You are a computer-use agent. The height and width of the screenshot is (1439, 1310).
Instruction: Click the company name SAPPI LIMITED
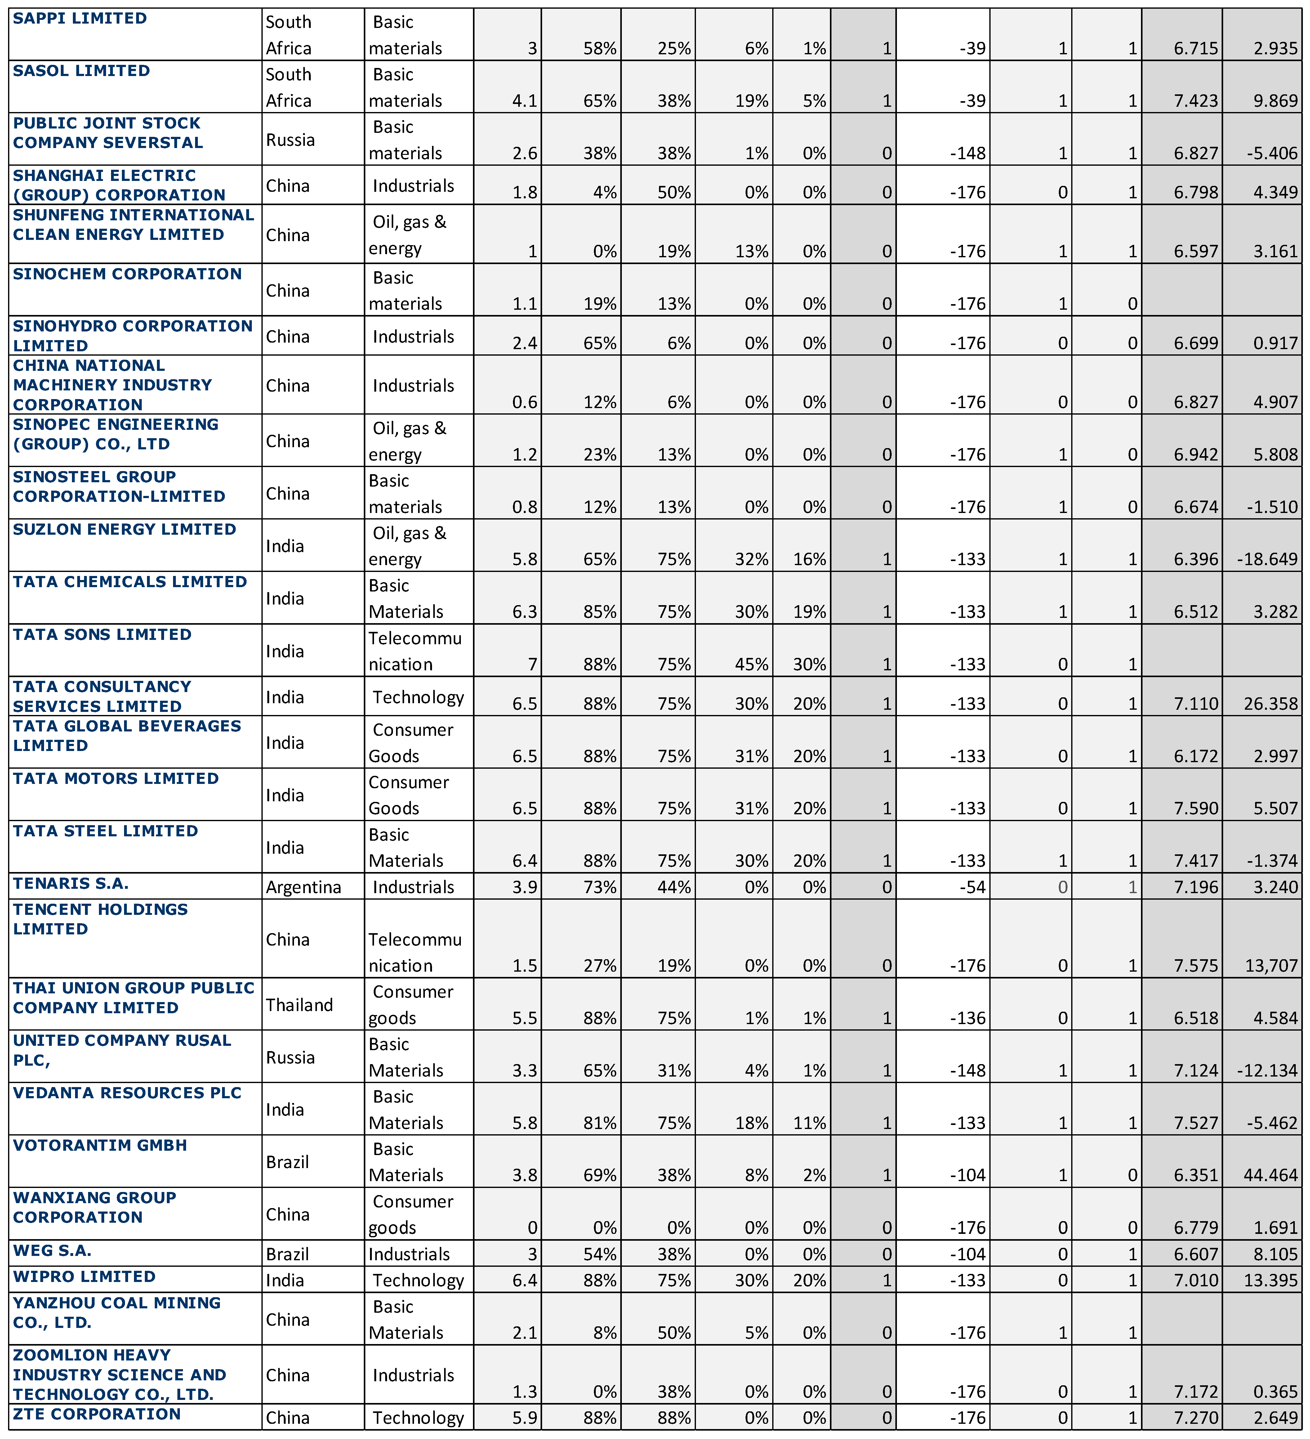[x=80, y=19]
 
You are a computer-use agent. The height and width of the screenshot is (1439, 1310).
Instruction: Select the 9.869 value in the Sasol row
[x=1276, y=101]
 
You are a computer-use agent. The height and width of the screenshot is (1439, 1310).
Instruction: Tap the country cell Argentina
[x=303, y=887]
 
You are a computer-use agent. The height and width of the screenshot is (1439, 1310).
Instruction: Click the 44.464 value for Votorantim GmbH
[x=1270, y=1175]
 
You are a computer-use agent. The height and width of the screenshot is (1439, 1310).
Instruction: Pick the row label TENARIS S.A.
[x=71, y=884]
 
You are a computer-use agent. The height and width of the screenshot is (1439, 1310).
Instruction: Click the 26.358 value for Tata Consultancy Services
[x=1270, y=704]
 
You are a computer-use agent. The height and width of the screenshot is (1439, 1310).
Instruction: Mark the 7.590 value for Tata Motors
[x=1196, y=808]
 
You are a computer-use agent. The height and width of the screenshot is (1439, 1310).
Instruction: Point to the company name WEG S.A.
[x=52, y=1251]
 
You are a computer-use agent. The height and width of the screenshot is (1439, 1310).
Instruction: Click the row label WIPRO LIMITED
[x=84, y=1277]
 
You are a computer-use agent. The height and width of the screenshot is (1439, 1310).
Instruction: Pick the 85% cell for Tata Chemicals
[x=599, y=612]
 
